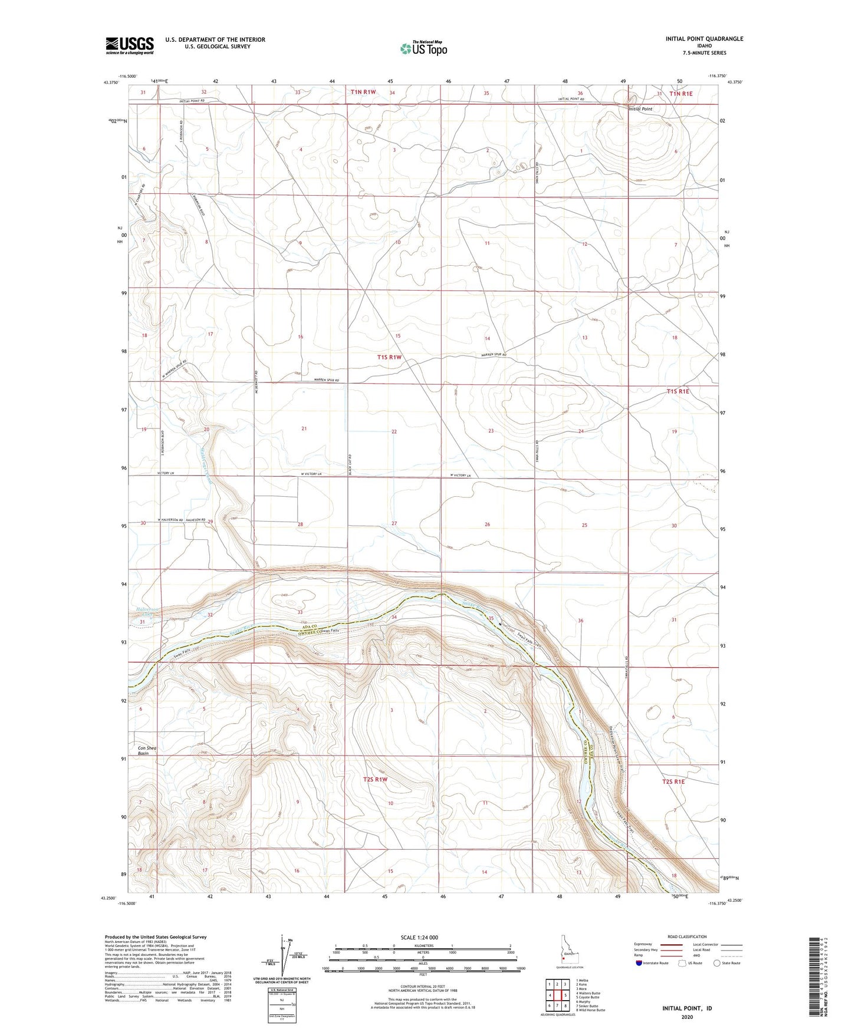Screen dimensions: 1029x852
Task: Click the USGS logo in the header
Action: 130,45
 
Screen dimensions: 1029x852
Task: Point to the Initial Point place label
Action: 640,109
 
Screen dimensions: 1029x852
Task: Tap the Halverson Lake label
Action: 147,612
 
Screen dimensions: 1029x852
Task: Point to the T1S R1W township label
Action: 389,357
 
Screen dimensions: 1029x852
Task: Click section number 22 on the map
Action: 394,431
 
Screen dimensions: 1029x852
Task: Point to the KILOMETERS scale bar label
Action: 423,945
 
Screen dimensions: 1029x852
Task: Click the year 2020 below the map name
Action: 687,1017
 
